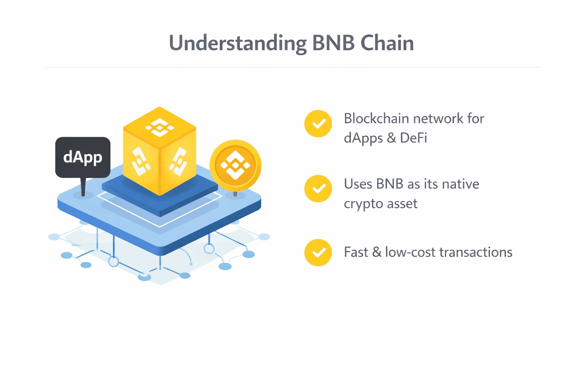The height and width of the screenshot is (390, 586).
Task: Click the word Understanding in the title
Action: click(237, 43)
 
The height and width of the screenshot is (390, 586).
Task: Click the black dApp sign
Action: click(83, 157)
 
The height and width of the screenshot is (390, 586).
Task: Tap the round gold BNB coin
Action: click(235, 165)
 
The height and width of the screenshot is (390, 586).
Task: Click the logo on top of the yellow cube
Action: click(159, 127)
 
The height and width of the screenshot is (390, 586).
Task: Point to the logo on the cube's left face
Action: click(140, 162)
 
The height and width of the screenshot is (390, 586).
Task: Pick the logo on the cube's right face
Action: click(178, 162)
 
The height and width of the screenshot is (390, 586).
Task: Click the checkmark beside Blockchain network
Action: click(318, 124)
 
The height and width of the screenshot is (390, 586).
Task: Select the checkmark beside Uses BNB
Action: click(318, 189)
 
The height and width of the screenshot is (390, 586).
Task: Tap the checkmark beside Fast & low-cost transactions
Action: click(318, 253)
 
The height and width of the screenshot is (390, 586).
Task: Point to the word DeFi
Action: click(413, 138)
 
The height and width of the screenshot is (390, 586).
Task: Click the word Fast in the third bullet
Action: click(356, 252)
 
